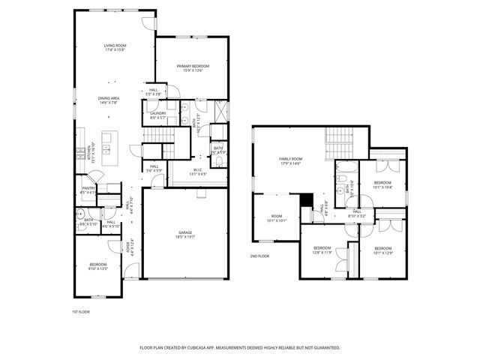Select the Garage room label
pos(185,234)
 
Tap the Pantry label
pos(88,190)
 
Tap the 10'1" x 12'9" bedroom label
pos(382,250)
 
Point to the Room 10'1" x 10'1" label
pos(277,218)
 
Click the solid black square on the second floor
pos(305,199)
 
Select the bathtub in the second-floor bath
pos(347,166)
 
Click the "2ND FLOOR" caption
pos(259,256)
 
